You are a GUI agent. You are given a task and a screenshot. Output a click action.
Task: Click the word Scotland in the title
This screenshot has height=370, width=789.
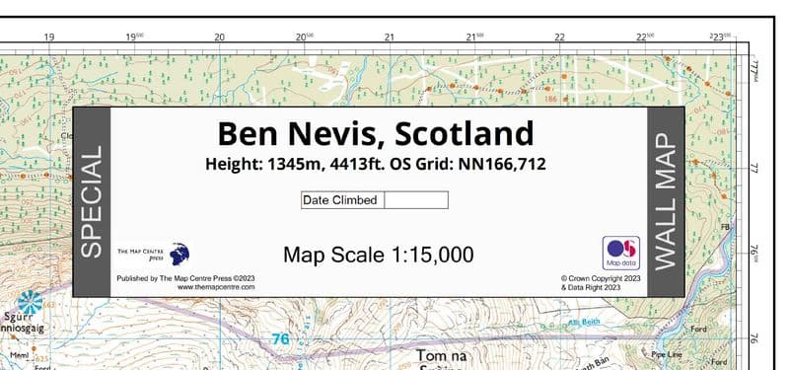pyautogui.click(x=457, y=132)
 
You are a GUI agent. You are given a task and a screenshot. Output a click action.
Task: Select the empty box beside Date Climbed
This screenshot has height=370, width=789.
pyautogui.click(x=415, y=200)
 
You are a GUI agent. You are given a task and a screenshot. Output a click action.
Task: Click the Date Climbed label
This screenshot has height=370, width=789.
pyautogui.click(x=340, y=200)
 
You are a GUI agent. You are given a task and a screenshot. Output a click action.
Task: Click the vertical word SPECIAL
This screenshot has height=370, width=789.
pyautogui.click(x=91, y=203)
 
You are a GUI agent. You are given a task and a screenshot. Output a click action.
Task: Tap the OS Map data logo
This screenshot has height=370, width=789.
pyautogui.click(x=620, y=252)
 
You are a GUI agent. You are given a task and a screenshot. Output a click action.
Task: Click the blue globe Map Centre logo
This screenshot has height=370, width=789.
pyautogui.click(x=180, y=254)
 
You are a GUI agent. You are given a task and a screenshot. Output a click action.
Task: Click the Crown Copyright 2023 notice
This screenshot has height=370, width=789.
pyautogui.click(x=601, y=278)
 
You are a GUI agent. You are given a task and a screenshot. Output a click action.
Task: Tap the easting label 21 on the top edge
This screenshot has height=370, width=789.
pyautogui.click(x=390, y=37)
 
